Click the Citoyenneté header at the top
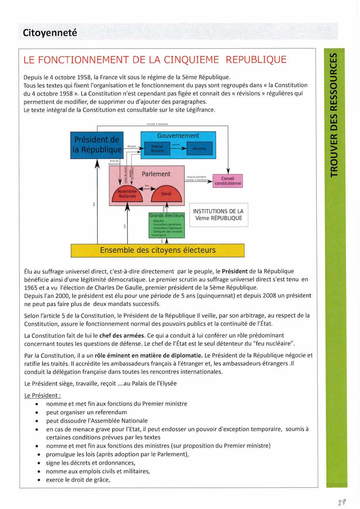[x=50, y=33]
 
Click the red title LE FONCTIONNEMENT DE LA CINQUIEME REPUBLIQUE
[x=155, y=60]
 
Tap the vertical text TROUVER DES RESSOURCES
[x=334, y=115]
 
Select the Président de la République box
[x=97, y=145]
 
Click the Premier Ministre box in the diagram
[x=157, y=148]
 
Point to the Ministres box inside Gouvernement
[x=199, y=148]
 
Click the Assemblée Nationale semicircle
[x=127, y=194]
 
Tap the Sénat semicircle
[x=166, y=194]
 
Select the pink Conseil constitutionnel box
[x=227, y=181]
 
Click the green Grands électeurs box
[x=167, y=225]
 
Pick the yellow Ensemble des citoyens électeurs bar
[x=158, y=250]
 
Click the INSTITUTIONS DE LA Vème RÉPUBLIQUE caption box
[x=219, y=215]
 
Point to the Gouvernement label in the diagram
[x=178, y=136]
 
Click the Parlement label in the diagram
[x=156, y=174]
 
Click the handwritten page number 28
[x=342, y=502]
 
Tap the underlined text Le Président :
[x=43, y=395]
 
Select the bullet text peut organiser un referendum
[x=87, y=412]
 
